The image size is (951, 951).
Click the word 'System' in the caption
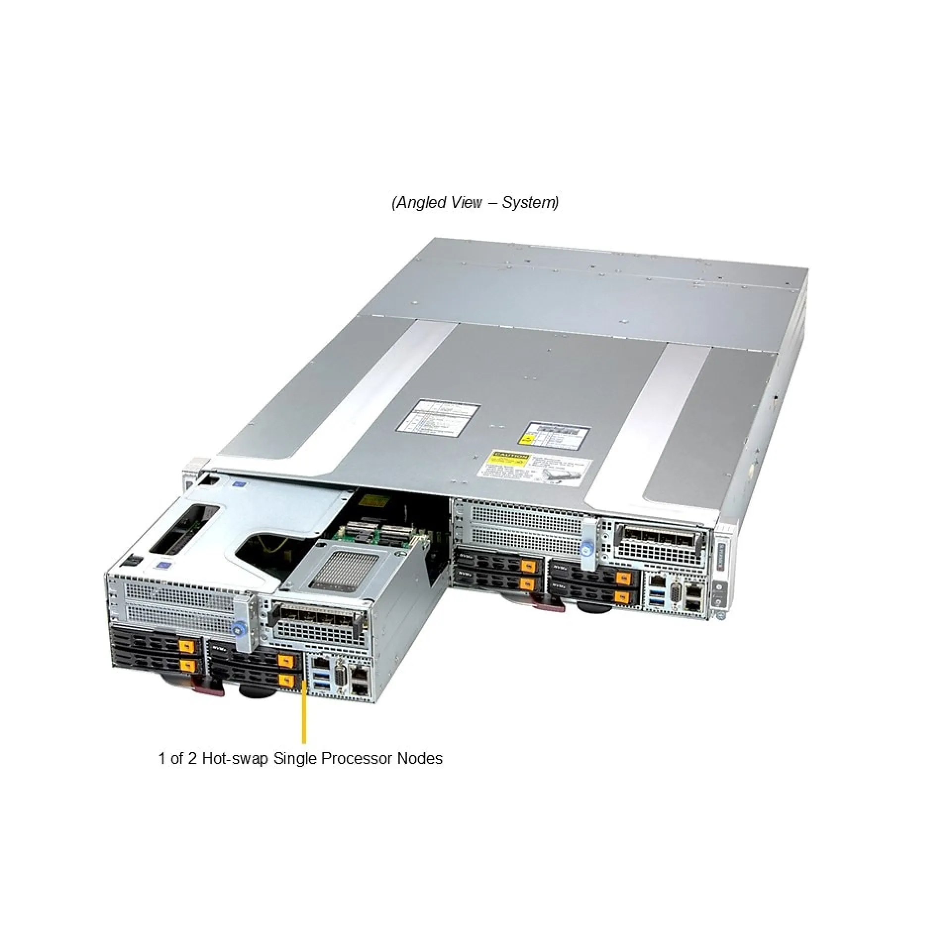(x=529, y=203)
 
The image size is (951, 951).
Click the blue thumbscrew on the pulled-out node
(x=238, y=630)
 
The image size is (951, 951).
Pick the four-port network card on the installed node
(x=656, y=537)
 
